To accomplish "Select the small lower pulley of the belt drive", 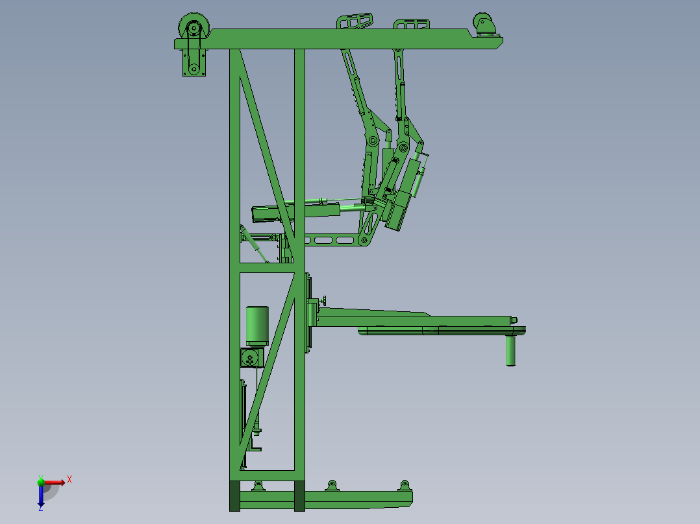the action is tap(194, 69).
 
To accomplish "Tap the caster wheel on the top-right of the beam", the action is tap(484, 23).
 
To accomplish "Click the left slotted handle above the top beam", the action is tap(355, 21).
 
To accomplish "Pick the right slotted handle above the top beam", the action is tap(411, 23).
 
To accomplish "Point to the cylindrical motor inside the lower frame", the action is tap(257, 326).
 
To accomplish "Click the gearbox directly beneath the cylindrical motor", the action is tap(252, 358).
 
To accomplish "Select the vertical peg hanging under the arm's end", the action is tap(510, 351).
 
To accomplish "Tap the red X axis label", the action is tap(69, 480).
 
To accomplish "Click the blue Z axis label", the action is tap(41, 508).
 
